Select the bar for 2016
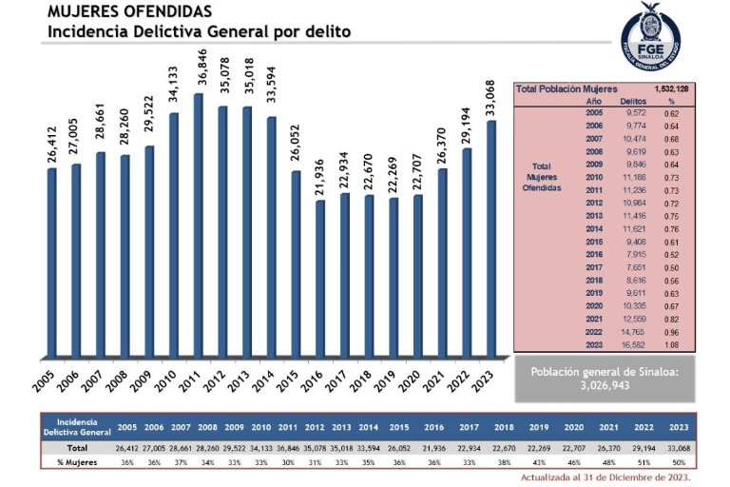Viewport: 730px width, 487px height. [x=321, y=276]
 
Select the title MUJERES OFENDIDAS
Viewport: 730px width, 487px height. [x=116, y=12]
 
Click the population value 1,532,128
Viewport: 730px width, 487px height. [x=670, y=88]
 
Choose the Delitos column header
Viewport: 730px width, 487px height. [x=633, y=100]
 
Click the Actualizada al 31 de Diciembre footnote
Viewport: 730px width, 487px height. [x=605, y=477]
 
